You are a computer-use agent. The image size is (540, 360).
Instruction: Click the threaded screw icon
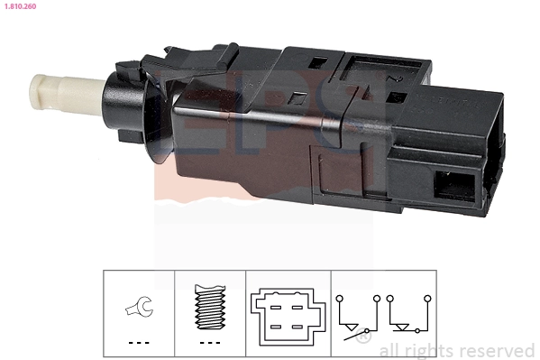(208, 308)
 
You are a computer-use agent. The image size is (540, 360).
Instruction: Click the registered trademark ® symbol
(362, 337)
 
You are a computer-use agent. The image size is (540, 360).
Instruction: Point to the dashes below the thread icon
(208, 344)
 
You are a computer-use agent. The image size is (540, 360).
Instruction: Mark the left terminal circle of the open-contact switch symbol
(338, 297)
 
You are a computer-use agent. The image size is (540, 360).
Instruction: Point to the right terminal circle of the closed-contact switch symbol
(425, 297)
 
